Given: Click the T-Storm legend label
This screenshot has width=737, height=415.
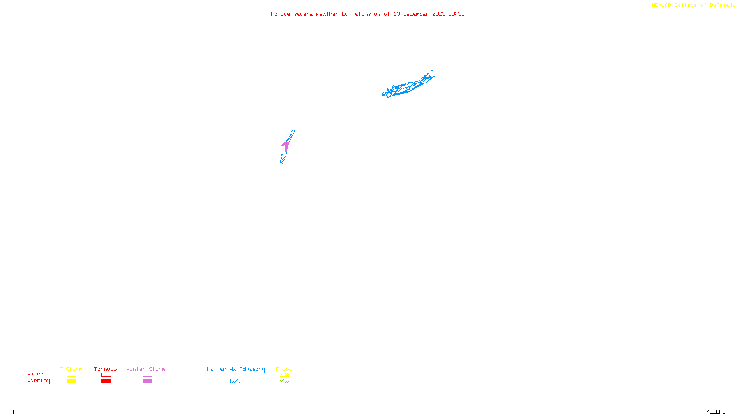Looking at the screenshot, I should pyautogui.click(x=71, y=369).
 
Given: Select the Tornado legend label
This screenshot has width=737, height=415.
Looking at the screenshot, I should pyautogui.click(x=105, y=369).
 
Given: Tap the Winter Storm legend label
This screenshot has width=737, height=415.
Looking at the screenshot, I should pyautogui.click(x=146, y=369).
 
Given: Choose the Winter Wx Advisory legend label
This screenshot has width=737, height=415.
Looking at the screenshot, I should pyautogui.click(x=236, y=369).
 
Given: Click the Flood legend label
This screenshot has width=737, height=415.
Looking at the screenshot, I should pyautogui.click(x=284, y=369).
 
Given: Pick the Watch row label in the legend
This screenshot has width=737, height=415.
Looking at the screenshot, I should pyautogui.click(x=35, y=374).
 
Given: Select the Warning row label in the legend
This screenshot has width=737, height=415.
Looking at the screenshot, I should pyautogui.click(x=39, y=381).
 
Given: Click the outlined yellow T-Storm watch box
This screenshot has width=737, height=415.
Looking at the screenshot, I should pyautogui.click(x=71, y=375).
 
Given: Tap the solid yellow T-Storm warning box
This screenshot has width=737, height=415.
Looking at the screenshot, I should pyautogui.click(x=71, y=381).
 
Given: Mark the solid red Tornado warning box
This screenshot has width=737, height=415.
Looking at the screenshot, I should pyautogui.click(x=106, y=381).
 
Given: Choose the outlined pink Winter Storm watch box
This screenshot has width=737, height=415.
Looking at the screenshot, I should pyautogui.click(x=147, y=375).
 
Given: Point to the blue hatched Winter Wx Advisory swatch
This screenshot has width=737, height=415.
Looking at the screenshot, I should pyautogui.click(x=235, y=381).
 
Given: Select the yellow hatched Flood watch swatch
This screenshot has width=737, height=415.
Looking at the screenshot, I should pyautogui.click(x=284, y=375).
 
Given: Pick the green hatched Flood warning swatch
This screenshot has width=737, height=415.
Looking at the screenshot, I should pyautogui.click(x=284, y=381).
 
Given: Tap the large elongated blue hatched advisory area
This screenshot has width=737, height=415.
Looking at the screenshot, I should pyautogui.click(x=407, y=86).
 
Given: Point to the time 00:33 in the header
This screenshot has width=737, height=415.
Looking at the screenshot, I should pyautogui.click(x=456, y=14).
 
